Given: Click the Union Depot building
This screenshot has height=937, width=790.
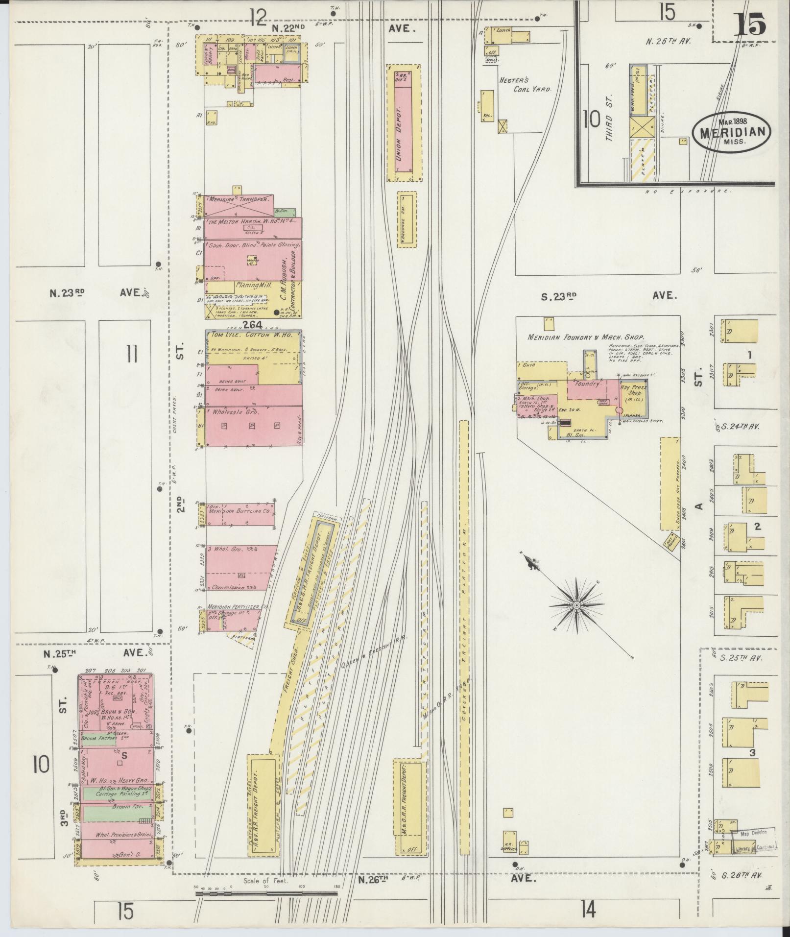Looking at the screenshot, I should (x=404, y=122).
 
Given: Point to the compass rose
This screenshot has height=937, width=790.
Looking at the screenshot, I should (x=577, y=605).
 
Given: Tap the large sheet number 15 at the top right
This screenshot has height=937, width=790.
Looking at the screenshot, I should (x=749, y=24).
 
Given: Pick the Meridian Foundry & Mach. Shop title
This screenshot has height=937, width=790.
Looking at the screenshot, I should (x=585, y=337).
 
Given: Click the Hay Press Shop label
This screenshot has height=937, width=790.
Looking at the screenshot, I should (x=634, y=390).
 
